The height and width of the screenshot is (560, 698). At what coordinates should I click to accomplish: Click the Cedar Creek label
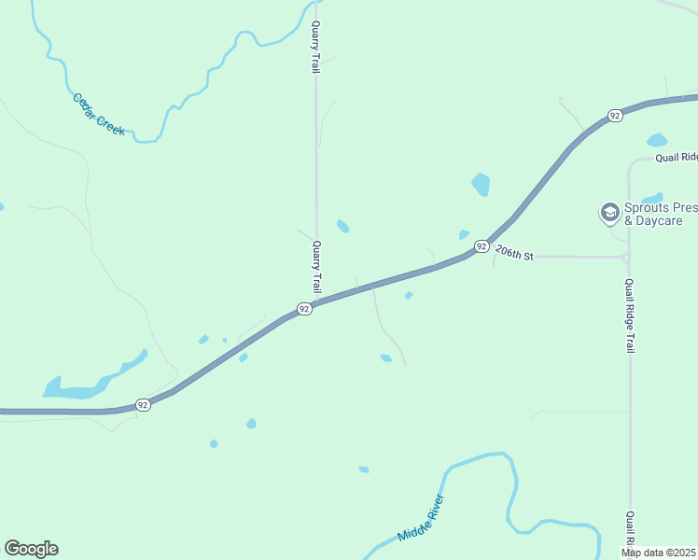(x=98, y=115)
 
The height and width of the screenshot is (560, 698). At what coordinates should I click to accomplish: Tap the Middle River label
(x=420, y=519)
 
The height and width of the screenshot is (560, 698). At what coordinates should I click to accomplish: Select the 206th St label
(x=514, y=253)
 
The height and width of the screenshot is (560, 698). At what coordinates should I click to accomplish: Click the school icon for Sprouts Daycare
(x=609, y=213)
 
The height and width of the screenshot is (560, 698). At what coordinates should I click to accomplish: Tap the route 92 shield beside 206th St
(x=481, y=246)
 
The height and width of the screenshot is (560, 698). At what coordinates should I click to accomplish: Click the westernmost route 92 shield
(x=142, y=404)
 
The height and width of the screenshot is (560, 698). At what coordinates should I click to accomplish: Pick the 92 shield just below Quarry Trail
(x=304, y=309)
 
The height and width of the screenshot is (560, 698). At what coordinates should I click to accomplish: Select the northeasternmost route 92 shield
(x=614, y=115)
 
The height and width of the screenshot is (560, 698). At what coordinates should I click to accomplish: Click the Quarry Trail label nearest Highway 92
(x=316, y=267)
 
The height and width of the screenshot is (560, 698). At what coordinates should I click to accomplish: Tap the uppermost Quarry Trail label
(x=316, y=47)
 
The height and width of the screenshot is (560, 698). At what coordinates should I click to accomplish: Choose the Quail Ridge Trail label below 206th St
(x=630, y=315)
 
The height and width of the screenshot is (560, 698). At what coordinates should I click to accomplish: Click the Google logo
(x=31, y=549)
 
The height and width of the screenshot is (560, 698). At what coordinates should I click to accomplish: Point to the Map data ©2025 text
(x=659, y=553)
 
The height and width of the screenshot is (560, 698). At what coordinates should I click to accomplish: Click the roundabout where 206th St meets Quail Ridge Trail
(x=628, y=256)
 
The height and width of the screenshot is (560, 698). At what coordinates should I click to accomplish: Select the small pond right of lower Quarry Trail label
(x=343, y=227)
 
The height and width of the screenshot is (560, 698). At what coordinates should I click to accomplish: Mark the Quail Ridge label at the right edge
(x=676, y=158)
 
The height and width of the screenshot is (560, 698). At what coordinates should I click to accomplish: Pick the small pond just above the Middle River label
(x=363, y=469)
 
